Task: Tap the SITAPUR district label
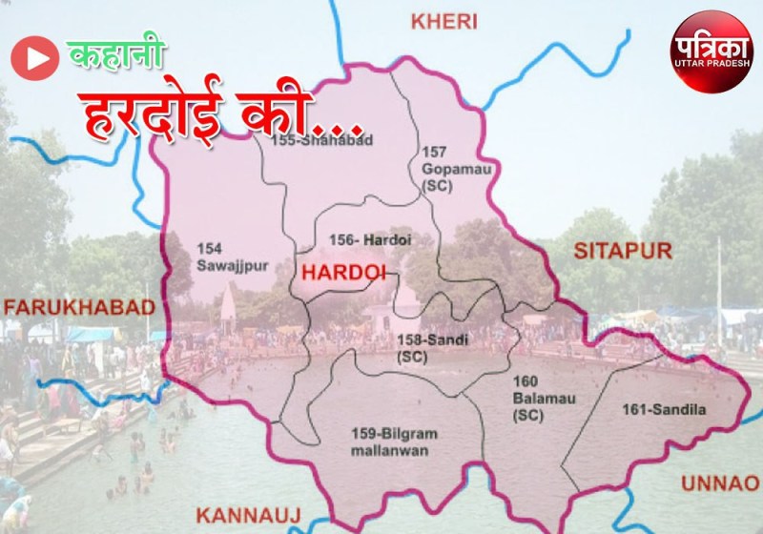623,251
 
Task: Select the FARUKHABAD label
78,307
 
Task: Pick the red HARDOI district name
342,273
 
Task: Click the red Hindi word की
310,113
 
